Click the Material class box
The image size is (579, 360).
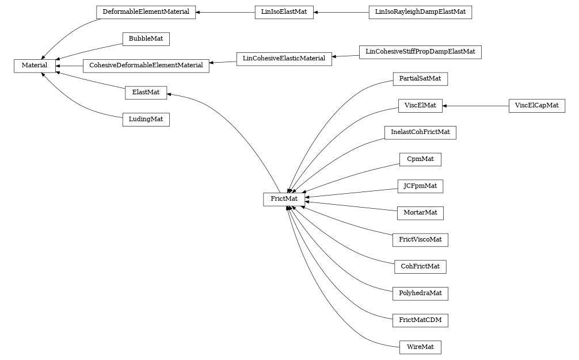(35, 66)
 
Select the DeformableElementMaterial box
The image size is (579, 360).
(146, 12)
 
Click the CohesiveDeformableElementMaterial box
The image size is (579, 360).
(146, 66)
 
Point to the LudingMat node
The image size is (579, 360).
(146, 120)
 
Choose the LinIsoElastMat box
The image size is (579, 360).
(284, 12)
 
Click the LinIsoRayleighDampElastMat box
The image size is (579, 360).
(420, 12)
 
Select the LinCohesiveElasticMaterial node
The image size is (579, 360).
(284, 59)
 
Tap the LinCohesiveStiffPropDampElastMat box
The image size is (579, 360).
(420, 52)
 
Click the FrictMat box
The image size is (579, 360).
(284, 199)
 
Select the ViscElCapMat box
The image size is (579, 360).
(536, 106)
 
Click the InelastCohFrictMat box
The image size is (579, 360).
(420, 132)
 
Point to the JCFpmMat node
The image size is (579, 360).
(420, 186)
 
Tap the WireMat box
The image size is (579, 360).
(420, 347)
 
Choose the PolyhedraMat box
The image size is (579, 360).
(420, 293)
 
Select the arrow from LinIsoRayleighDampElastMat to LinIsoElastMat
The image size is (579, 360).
(341, 12)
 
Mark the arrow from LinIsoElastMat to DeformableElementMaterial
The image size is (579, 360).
(225, 12)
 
